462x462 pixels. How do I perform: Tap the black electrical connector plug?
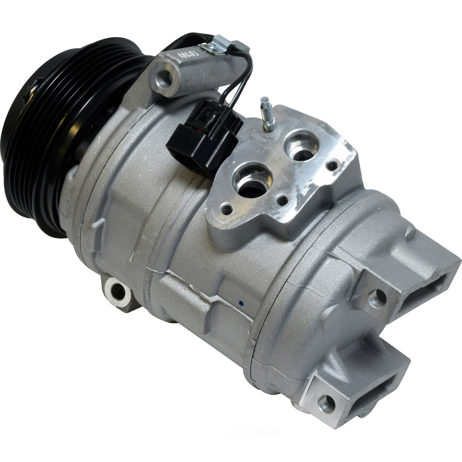[203, 134]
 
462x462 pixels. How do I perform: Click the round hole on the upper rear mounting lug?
[377, 298]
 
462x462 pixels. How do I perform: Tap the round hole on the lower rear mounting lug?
[326, 404]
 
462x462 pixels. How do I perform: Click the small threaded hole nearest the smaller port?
[332, 165]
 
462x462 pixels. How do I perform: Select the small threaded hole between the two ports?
[282, 200]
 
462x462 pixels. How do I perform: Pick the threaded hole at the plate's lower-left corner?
[227, 209]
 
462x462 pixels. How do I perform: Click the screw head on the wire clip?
[213, 46]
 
